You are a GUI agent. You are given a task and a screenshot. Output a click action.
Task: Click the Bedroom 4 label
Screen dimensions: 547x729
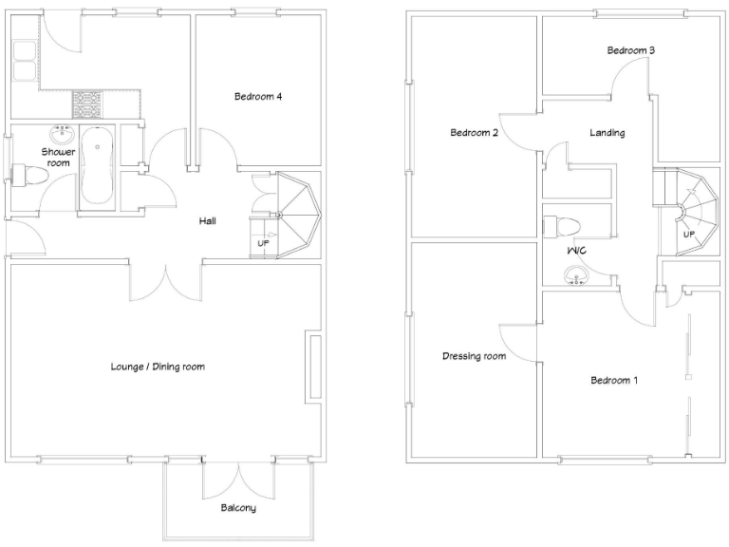(257, 96)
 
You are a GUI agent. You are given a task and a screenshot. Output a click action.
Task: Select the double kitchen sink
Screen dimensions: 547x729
(24, 60)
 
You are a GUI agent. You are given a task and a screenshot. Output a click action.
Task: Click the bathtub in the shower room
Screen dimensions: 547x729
(97, 164)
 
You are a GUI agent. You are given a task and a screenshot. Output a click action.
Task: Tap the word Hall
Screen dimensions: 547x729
(207, 220)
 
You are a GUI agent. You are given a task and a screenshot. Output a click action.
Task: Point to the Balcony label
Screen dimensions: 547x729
(237, 508)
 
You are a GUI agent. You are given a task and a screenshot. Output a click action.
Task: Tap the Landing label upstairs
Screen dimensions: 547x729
(607, 133)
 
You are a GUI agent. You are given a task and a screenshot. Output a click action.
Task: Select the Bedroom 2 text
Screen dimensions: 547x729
(474, 133)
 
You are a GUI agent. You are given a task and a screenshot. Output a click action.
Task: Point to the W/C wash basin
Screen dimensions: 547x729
(575, 276)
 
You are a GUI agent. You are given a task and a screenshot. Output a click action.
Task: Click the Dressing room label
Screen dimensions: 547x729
(474, 357)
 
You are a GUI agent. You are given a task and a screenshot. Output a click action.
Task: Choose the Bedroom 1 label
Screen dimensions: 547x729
(613, 381)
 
